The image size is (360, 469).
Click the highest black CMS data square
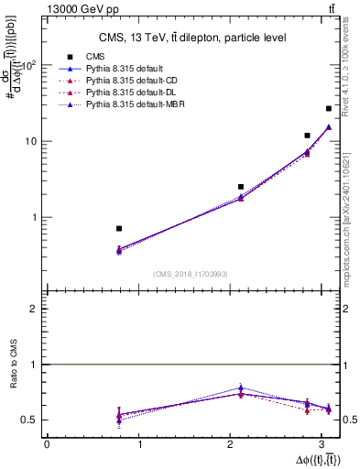[329, 109]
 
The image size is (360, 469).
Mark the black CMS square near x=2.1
[241, 187]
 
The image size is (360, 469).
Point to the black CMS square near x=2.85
[308, 136]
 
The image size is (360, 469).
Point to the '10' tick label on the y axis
[33, 141]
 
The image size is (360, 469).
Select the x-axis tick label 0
[47, 443]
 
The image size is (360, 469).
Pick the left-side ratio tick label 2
[34, 309]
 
